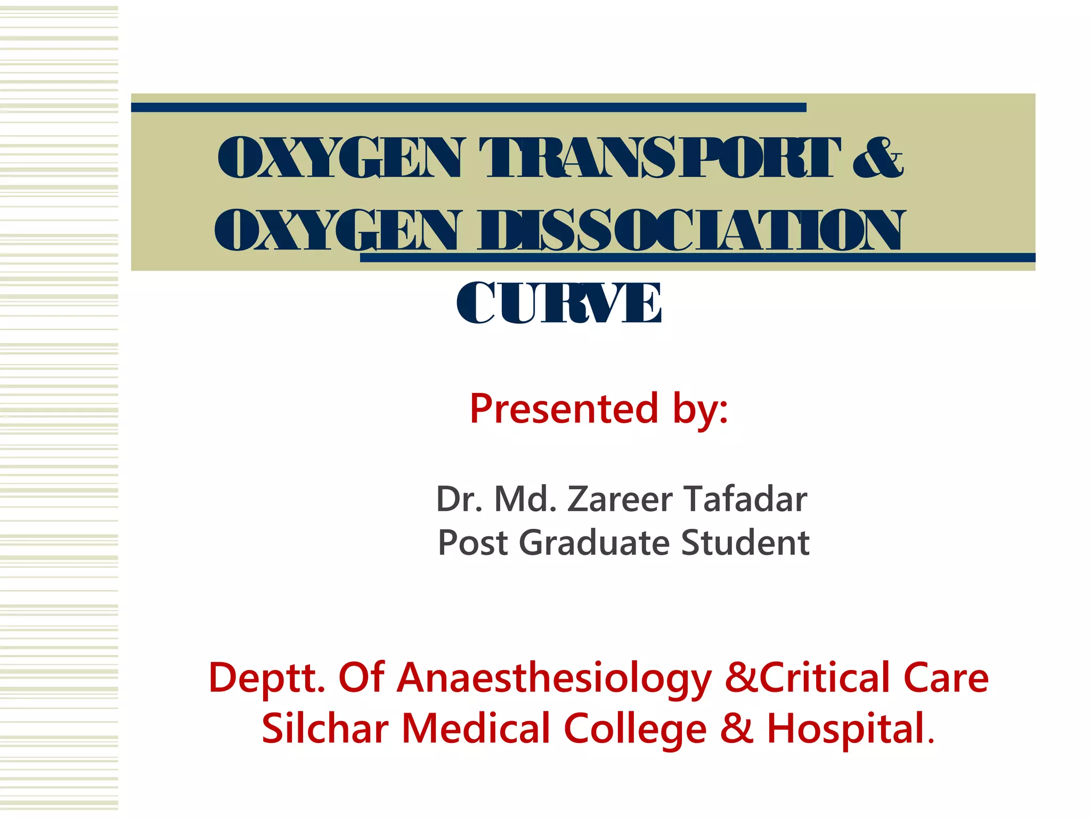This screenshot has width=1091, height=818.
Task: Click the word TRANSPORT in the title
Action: point(660,158)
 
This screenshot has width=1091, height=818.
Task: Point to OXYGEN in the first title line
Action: point(340,158)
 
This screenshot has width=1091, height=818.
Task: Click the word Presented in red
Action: point(564,409)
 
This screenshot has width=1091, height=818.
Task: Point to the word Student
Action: point(745,543)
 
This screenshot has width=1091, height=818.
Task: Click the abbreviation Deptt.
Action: point(266,678)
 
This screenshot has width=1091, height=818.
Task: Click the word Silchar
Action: point(325,729)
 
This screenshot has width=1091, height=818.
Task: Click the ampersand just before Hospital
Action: point(736,729)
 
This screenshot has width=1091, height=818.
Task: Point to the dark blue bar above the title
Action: point(469,108)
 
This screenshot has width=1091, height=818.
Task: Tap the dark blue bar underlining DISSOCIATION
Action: point(698,258)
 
